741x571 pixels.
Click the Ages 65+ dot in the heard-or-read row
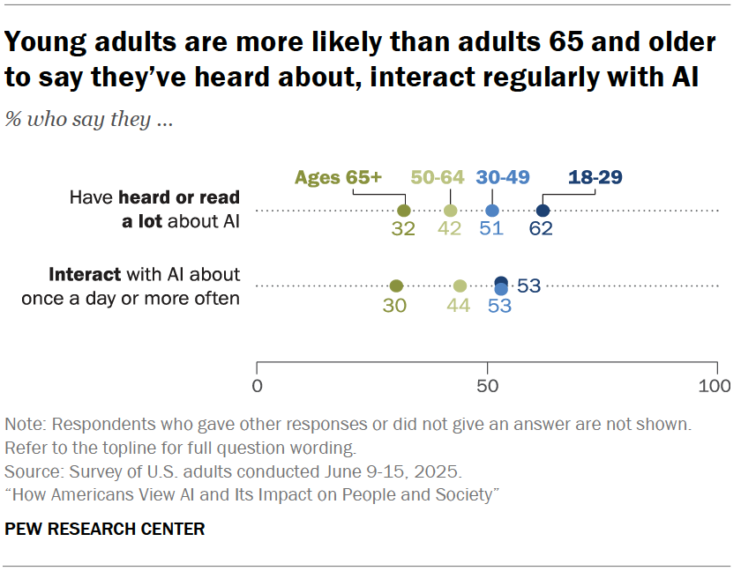(404, 211)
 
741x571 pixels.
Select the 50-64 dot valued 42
(451, 211)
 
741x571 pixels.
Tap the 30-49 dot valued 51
(492, 211)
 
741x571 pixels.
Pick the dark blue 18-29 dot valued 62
(543, 211)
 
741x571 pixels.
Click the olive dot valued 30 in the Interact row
(396, 285)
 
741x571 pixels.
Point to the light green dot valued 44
(460, 285)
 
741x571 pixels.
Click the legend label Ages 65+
(338, 177)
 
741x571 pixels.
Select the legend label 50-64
(438, 177)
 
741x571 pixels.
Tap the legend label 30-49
(502, 177)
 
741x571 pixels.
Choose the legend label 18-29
(595, 177)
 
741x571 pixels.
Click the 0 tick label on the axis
(257, 386)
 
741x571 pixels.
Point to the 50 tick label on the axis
(486, 386)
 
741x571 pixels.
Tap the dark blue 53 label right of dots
(528, 285)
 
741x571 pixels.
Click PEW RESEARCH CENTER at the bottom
(105, 530)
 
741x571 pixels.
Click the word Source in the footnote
(30, 471)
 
